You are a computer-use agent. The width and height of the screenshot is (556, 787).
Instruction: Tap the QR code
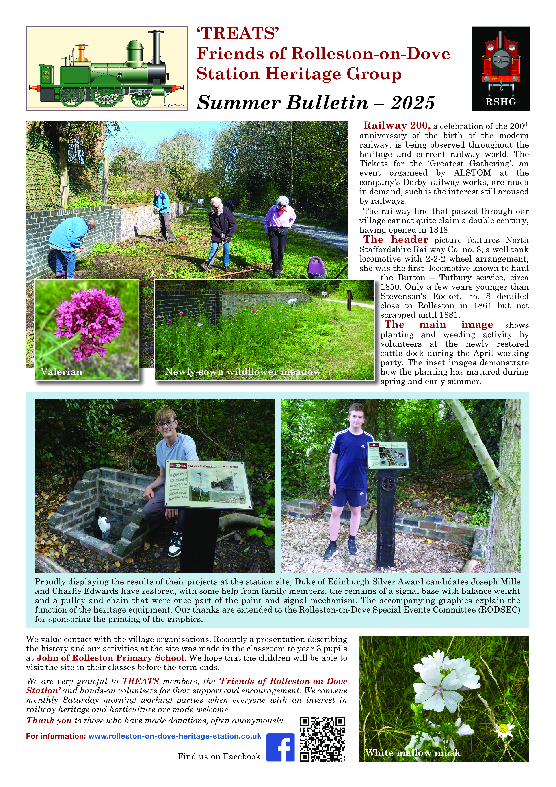[322, 739]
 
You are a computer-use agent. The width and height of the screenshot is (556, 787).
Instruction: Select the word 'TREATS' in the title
[238, 34]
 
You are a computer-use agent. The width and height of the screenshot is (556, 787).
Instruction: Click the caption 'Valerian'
[62, 372]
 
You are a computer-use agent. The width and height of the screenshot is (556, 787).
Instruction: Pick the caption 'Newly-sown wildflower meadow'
[242, 372]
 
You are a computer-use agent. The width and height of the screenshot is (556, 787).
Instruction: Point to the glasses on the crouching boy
[165, 424]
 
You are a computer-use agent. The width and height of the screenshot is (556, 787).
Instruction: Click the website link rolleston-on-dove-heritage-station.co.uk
[175, 736]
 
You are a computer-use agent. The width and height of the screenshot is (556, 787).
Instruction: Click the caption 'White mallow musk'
[413, 753]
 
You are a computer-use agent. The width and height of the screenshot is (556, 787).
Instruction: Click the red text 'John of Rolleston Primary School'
[110, 658]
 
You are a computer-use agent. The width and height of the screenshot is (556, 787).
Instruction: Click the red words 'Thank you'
[49, 721]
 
